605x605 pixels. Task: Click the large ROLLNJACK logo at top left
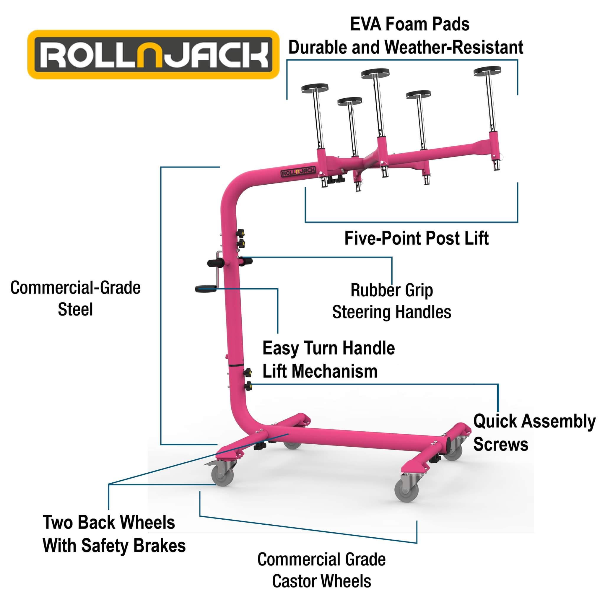coord(153,54)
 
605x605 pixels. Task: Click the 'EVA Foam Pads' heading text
coord(410,25)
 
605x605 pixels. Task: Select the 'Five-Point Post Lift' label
coord(416,238)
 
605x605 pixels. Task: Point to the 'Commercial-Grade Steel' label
coord(75,298)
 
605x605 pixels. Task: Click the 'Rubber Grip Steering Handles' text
coord(391,301)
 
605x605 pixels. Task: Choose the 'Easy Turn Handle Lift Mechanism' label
coord(328,360)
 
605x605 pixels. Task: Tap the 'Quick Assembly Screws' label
coord(534,432)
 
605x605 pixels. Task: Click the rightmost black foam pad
coord(487,71)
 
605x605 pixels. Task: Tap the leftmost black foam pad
coord(314,88)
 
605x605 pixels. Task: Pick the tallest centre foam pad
coord(375,74)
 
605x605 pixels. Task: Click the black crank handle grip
coord(205,288)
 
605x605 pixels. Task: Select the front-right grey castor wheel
coord(406,491)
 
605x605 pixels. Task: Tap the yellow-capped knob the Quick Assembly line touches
coord(248,386)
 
